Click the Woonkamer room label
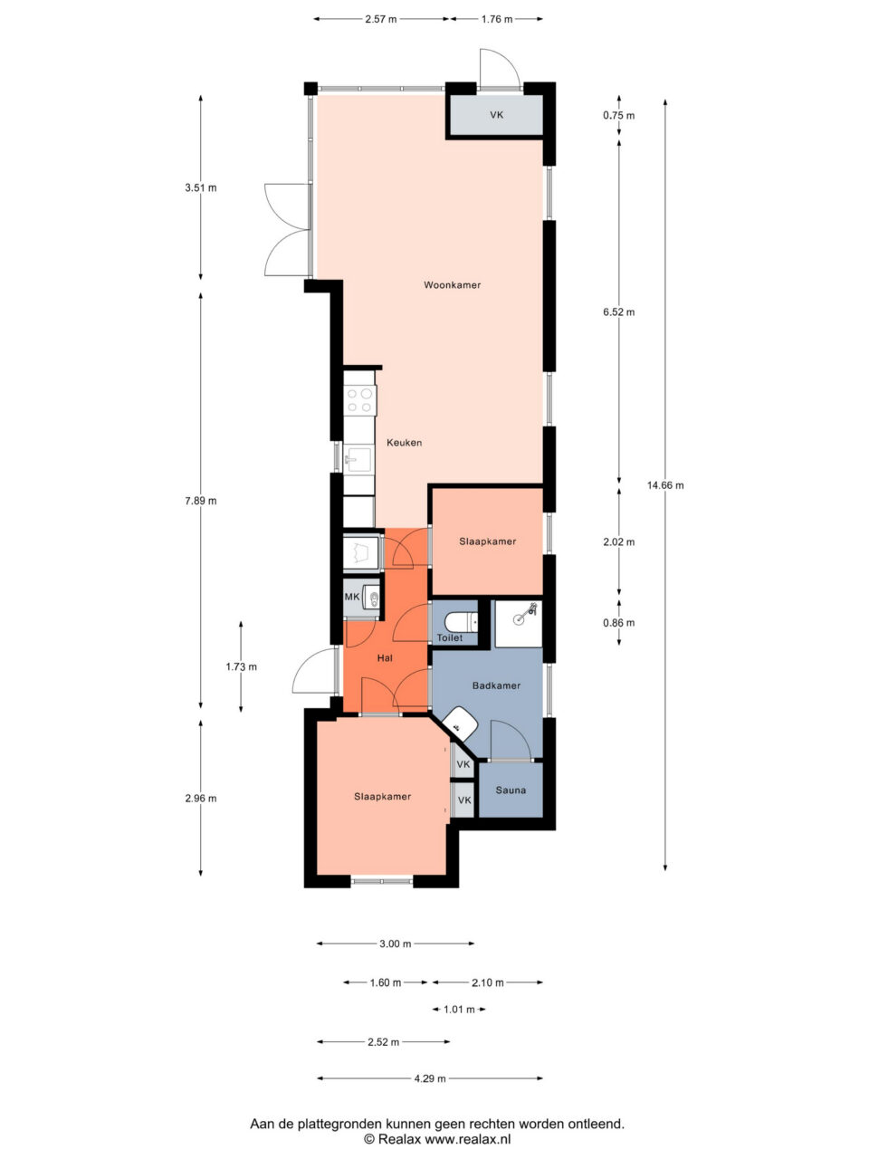pos(453,285)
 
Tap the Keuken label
pos(404,443)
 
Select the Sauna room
pos(511,790)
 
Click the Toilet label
pos(450,637)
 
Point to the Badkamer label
pos(496,686)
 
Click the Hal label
pos(385,658)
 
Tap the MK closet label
pos(352,598)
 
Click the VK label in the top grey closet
pos(496,115)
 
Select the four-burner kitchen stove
pos(360,400)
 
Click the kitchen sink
pos(358,460)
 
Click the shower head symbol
pos(527,612)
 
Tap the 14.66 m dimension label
pos(665,485)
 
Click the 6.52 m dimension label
pos(619,312)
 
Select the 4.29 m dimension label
pos(430,1078)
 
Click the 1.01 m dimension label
pos(459,1010)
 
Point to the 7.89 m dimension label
pos(200,501)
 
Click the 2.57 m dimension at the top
pos(381,20)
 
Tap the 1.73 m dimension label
pos(241,667)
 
